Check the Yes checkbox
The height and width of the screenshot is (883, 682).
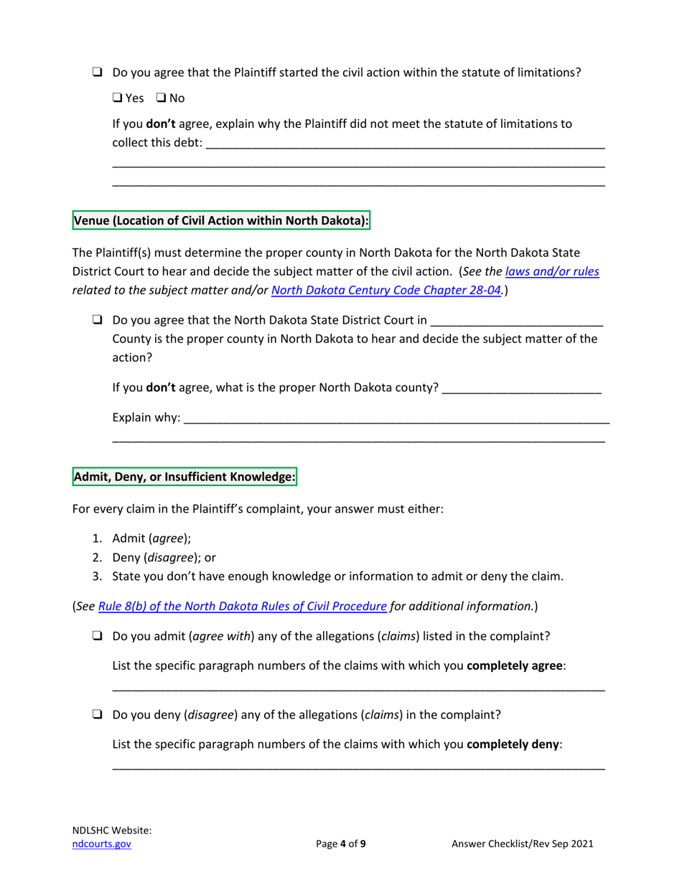pyautogui.click(x=118, y=98)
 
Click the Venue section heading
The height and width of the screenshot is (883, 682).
pyautogui.click(x=222, y=221)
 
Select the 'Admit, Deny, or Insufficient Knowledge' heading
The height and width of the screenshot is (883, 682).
pyautogui.click(x=184, y=476)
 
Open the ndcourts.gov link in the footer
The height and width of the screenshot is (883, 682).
pyautogui.click(x=102, y=844)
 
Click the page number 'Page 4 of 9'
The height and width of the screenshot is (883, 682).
pyautogui.click(x=341, y=844)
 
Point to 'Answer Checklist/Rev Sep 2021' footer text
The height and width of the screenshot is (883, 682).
pyautogui.click(x=522, y=844)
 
